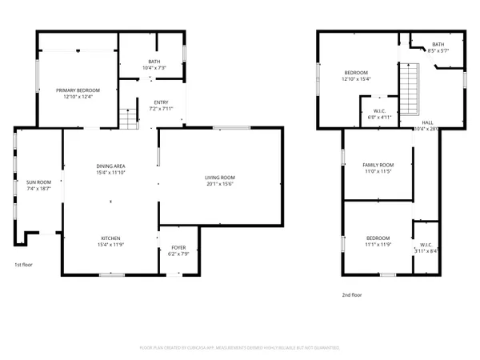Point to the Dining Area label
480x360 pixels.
pos(111,166)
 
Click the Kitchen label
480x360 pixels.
pos(111,238)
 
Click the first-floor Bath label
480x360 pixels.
pos(154,61)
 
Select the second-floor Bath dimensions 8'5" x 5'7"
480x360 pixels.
pos(439,50)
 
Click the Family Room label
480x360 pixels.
pos(378,165)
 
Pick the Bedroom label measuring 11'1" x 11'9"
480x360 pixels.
pos(378,238)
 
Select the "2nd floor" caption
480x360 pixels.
pos(352,294)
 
